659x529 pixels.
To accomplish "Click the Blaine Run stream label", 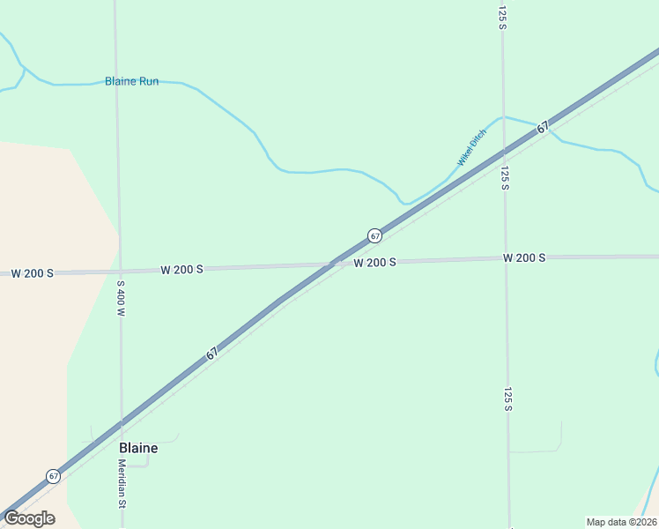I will [131, 81].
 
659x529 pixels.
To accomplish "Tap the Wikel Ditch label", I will [471, 148].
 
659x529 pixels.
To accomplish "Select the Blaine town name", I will [138, 448].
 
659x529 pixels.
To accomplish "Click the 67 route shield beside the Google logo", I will [54, 476].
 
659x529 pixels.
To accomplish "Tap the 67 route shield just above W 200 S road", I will [374, 235].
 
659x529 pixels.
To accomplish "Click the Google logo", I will [29, 518].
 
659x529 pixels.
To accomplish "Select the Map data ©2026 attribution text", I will [621, 522].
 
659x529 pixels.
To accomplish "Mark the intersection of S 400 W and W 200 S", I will [119, 271].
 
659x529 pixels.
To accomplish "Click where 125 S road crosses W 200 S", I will [505, 258].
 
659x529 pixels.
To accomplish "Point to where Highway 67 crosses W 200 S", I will [332, 263].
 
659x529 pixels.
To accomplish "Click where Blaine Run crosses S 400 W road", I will [116, 83].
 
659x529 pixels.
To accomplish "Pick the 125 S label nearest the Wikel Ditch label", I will [505, 177].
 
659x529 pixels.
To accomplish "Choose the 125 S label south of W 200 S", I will [507, 399].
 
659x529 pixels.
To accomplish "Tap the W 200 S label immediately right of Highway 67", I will [374, 263].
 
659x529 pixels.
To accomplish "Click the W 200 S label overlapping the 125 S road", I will [524, 257].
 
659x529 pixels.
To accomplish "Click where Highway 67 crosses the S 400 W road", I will [122, 422].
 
